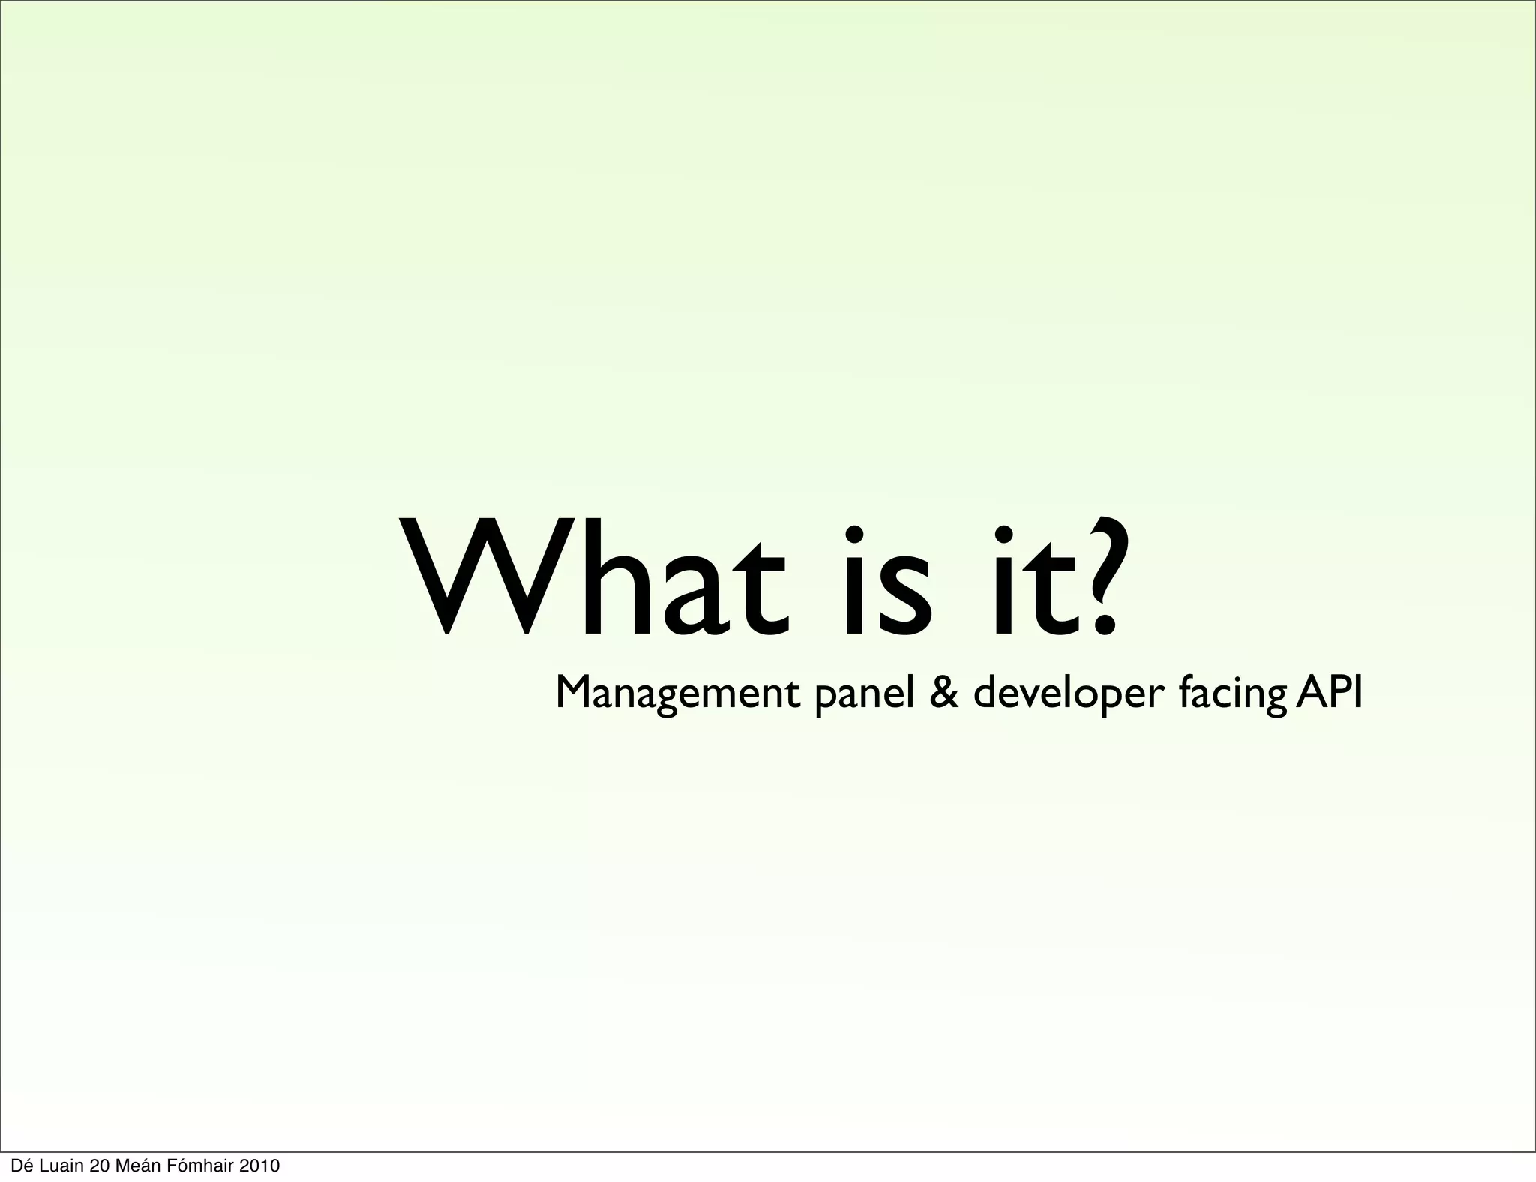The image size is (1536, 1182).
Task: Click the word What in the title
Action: (x=592, y=576)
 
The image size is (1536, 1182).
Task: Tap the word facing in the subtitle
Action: (x=1231, y=694)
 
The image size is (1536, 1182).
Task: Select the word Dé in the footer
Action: (x=21, y=1165)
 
